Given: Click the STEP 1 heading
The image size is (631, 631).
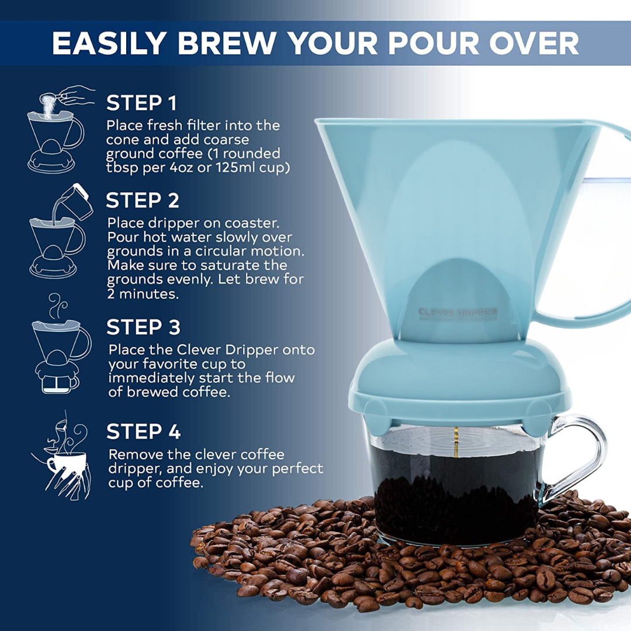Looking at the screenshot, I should [141, 103].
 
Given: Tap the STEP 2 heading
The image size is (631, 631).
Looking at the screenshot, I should [143, 200].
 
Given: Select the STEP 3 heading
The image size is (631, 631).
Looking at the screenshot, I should [144, 327].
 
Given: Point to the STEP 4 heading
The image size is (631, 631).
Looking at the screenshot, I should [144, 432].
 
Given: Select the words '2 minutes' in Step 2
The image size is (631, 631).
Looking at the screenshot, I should [143, 293].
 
